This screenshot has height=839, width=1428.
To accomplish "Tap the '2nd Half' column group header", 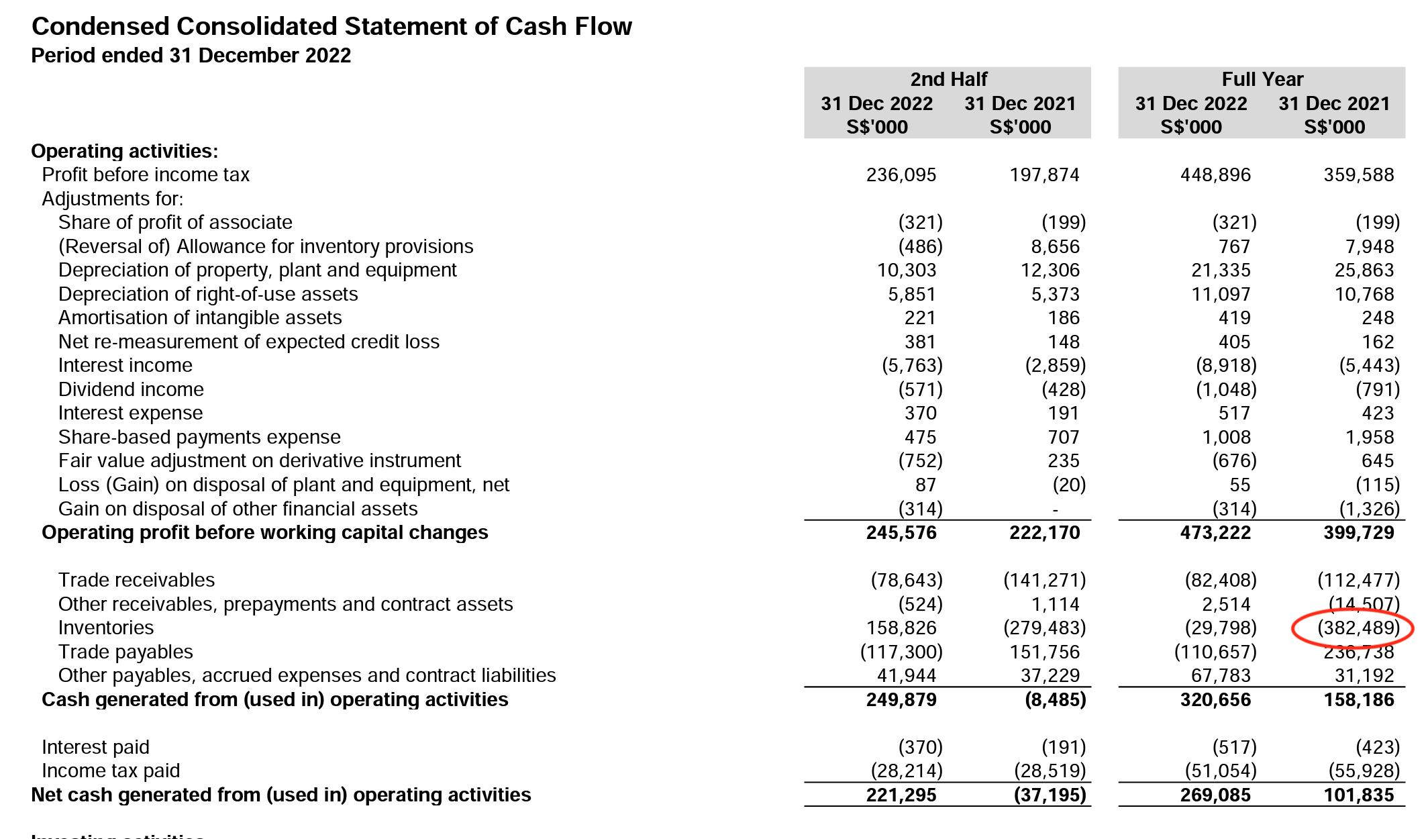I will click(x=948, y=79).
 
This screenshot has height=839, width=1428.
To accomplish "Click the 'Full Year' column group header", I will click(x=1262, y=79).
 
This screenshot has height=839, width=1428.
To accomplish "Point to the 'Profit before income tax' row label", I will click(x=146, y=175).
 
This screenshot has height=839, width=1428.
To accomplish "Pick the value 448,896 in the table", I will click(x=1215, y=175).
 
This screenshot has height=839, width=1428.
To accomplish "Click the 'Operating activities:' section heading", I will click(x=125, y=151).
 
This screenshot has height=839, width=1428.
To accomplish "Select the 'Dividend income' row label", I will click(x=131, y=389).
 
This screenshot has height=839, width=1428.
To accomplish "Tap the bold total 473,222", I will click(x=1215, y=533).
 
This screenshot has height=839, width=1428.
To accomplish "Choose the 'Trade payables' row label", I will click(x=125, y=652).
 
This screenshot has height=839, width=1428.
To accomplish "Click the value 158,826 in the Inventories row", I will click(x=901, y=628).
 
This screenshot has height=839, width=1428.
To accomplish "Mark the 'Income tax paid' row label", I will click(x=111, y=771).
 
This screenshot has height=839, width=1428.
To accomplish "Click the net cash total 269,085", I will click(x=1215, y=795).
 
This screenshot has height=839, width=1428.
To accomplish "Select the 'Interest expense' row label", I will click(x=130, y=413).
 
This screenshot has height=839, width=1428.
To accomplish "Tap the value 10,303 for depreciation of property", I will click(x=907, y=270).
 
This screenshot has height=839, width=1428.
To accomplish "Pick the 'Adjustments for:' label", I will click(x=113, y=199).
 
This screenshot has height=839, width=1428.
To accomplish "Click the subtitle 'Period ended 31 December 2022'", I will click(x=191, y=55).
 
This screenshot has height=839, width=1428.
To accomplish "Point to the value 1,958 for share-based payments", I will click(x=1370, y=437).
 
